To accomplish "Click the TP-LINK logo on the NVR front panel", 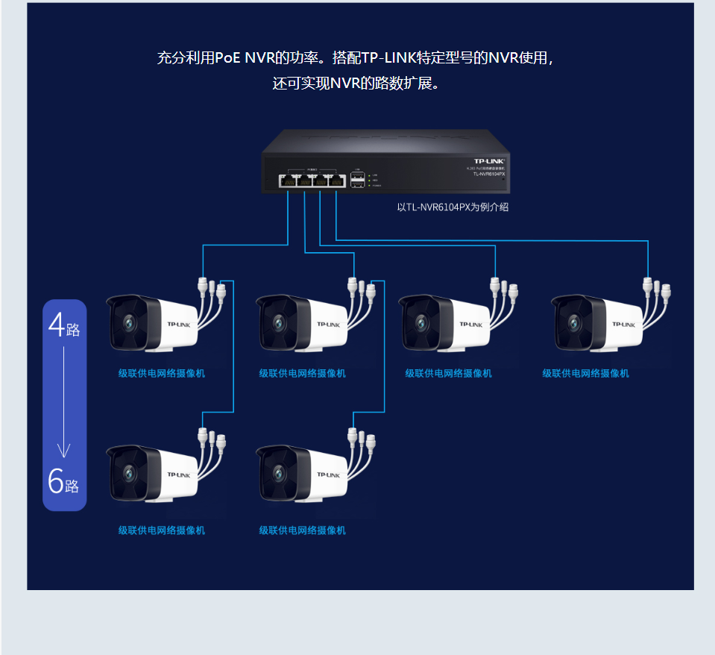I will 490,160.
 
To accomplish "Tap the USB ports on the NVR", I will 357,180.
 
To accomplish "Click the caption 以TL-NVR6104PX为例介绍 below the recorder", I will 453,207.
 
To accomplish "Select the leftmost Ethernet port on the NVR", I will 287,181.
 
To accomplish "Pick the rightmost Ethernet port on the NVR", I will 336,181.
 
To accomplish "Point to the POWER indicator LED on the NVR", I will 370,185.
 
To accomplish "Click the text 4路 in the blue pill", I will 64,327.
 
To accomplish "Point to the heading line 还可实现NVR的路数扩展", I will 357,83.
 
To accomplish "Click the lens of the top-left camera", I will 128,323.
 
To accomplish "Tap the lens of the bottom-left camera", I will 128,473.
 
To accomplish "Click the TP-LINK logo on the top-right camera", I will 623,325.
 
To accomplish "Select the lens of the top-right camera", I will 574,323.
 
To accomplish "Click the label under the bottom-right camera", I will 303,530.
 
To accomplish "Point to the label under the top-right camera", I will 585,373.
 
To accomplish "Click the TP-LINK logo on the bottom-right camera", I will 328,474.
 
